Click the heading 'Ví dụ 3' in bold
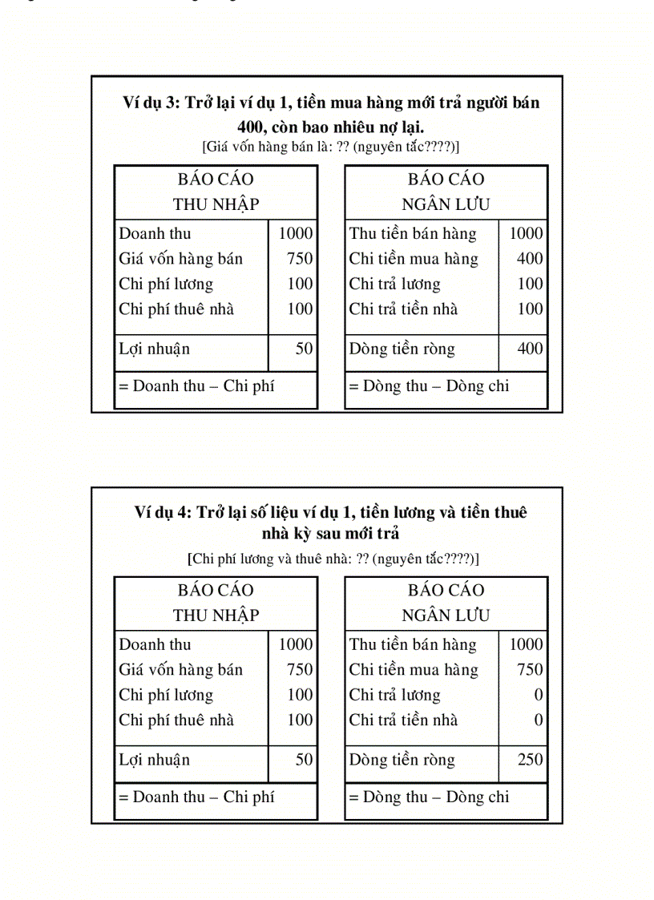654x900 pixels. [151, 103]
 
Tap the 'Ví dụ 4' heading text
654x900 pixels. [163, 513]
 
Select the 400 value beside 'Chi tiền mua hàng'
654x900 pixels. [530, 259]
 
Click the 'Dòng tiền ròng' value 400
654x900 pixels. [530, 349]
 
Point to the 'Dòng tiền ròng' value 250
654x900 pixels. [530, 759]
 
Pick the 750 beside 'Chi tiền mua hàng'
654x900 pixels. [530, 669]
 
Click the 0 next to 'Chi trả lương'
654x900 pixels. [539, 695]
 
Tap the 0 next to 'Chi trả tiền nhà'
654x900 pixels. [539, 720]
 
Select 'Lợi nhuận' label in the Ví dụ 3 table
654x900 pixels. [155, 349]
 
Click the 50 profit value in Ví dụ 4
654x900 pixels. [304, 759]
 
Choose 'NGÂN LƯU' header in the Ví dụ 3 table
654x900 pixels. [446, 204]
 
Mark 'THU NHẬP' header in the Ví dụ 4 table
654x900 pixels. [216, 615]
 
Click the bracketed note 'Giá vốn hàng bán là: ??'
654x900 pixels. [331, 147]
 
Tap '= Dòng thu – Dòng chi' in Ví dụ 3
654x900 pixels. [429, 386]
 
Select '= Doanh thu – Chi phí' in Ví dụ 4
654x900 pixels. [196, 797]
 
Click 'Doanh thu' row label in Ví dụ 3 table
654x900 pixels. [155, 234]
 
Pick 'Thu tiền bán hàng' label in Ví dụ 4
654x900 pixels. [413, 644]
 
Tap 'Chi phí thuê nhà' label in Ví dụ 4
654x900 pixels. [176, 720]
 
